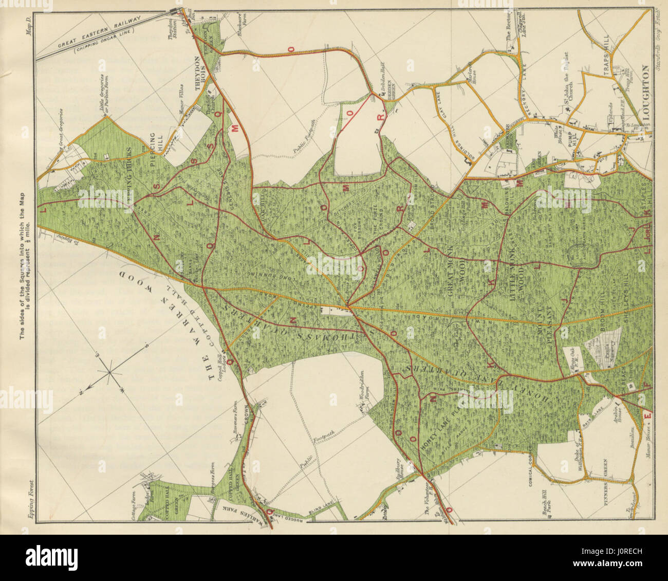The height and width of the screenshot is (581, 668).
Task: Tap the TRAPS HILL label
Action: click(607, 62)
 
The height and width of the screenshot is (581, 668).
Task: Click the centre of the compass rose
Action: click(109, 371)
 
